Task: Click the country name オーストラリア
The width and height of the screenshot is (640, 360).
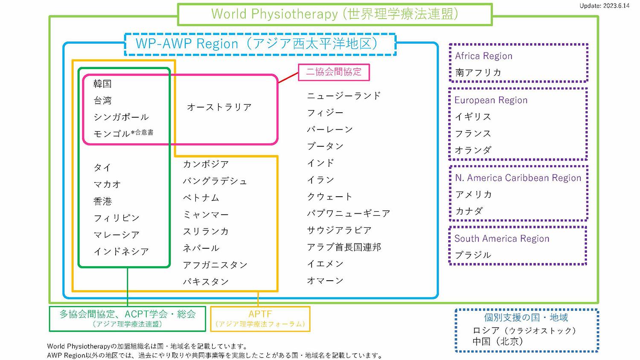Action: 219,107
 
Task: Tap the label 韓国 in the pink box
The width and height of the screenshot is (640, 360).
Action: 102,84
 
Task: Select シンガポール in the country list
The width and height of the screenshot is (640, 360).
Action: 121,117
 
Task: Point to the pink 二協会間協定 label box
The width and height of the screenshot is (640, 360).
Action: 334,72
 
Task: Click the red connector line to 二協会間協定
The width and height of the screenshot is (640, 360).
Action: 288,78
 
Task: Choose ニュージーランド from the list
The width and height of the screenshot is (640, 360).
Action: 344,96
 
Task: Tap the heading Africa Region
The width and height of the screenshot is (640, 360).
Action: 483,56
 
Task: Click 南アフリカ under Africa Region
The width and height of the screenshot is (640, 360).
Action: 478,73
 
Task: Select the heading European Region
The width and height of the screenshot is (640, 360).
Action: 491,100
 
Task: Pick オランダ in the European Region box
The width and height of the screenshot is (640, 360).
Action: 473,150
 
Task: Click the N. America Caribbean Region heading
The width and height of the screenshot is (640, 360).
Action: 518,178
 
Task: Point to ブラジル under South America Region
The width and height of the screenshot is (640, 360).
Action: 473,255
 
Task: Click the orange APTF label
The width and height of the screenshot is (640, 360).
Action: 260,314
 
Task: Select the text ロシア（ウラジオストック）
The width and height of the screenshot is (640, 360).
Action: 524,331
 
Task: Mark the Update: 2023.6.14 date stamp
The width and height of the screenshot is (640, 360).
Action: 604,6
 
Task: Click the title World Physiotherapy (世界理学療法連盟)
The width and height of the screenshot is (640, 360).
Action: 335,14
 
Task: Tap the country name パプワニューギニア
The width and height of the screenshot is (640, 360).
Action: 348,213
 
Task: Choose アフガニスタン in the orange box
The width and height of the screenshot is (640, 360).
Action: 215,265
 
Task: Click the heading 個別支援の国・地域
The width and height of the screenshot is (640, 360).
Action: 526,317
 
